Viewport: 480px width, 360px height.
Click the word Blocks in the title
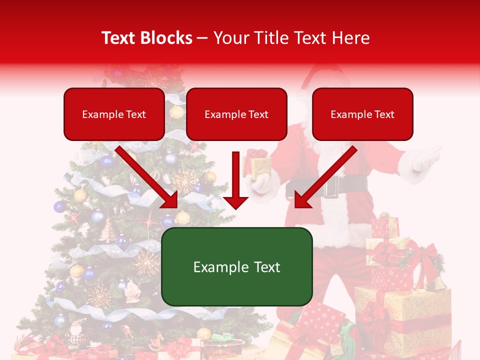(x=166, y=38)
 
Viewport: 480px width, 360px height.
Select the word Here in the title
(x=351, y=38)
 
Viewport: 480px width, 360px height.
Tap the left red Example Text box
(x=114, y=114)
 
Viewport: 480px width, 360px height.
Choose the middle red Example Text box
(x=236, y=114)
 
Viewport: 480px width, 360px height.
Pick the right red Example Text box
(x=362, y=114)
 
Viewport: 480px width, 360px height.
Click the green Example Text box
(x=236, y=266)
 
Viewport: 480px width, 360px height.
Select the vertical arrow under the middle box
(x=235, y=180)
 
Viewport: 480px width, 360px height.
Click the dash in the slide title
(x=203, y=38)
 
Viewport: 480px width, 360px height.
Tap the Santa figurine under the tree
(x=76, y=333)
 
